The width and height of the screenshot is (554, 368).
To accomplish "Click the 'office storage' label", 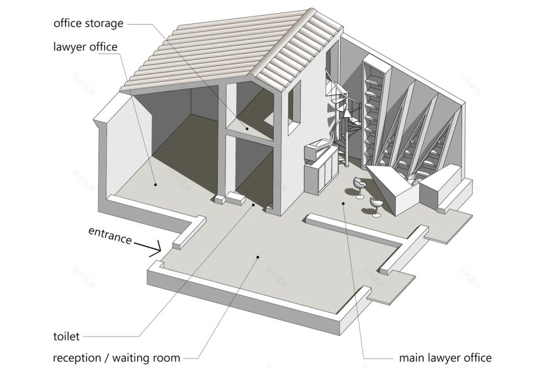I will [89, 24].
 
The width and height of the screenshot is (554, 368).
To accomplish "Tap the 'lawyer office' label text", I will [85, 47].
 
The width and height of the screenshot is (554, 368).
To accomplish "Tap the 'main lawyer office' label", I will [445, 358].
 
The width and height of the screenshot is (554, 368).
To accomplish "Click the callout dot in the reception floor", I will [257, 256].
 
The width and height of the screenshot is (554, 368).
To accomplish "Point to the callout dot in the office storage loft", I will [247, 129].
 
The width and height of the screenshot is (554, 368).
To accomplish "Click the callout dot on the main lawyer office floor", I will [343, 203].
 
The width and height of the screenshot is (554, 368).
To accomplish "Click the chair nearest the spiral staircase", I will [359, 187].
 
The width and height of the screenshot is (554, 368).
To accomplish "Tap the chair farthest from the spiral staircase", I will [376, 206].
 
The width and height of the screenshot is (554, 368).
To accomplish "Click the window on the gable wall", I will [295, 113].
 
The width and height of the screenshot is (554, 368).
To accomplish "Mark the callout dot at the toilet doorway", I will [254, 205].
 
